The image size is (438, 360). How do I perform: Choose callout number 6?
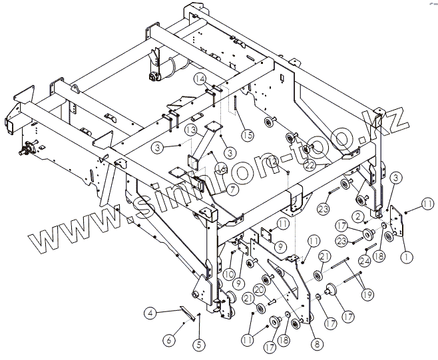coord(169,340)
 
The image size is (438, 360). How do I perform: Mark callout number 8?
coord(316,344)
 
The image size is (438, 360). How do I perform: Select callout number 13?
coord(191,129)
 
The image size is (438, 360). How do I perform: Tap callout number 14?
coord(199,79)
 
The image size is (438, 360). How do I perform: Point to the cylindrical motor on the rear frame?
coord(174,67)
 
